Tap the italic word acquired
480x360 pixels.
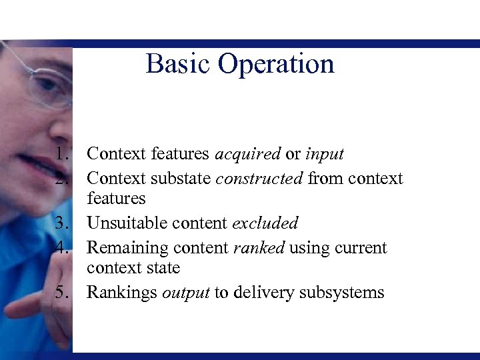click(247, 155)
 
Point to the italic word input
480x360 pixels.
click(324, 155)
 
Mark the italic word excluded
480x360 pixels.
click(265, 223)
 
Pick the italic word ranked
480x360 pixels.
click(259, 248)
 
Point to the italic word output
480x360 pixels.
click(186, 293)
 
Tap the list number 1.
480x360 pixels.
click(61, 154)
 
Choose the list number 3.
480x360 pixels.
click(61, 223)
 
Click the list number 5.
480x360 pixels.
click(61, 293)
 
